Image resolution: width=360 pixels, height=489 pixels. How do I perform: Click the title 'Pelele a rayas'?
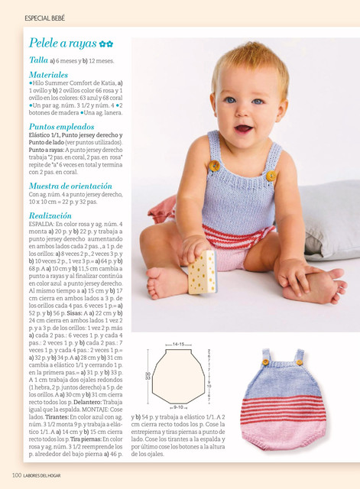point(63,43)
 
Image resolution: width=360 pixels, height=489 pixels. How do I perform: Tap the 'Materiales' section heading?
point(48,75)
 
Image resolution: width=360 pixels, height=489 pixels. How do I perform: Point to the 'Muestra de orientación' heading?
point(70,186)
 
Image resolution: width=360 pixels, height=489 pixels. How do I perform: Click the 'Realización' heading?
point(50,216)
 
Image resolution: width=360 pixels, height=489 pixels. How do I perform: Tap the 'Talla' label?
point(39,60)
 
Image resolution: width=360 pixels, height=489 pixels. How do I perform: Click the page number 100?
point(15,476)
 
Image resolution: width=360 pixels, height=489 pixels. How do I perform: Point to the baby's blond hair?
point(245,61)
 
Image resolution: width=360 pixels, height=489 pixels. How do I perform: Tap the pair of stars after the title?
point(107,44)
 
